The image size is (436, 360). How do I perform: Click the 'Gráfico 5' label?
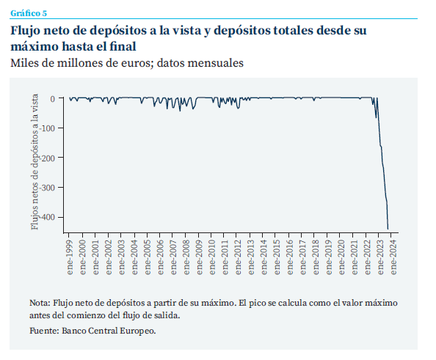(x=29, y=13)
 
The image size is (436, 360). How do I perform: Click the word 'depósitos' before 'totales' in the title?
(x=242, y=31)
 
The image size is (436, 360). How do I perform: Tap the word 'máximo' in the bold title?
(x=34, y=46)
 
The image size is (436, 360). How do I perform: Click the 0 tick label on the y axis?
(x=53, y=99)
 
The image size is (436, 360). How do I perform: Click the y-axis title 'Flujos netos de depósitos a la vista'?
(x=34, y=162)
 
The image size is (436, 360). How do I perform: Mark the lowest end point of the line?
(x=388, y=229)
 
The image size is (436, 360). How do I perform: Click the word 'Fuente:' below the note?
(x=45, y=331)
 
